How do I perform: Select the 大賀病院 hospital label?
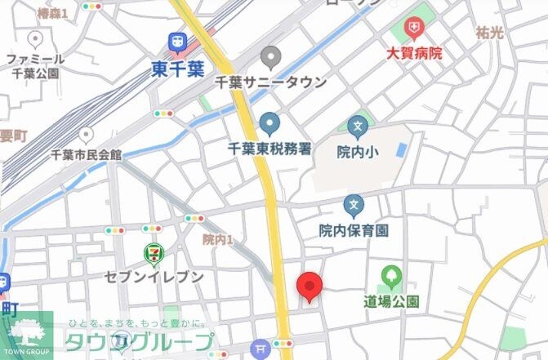click(x=414, y=53)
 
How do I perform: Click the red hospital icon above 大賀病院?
click(x=415, y=30)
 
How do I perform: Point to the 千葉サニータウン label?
click(x=270, y=82)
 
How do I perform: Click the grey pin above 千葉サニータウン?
click(x=270, y=58)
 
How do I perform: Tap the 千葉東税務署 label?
click(x=270, y=149)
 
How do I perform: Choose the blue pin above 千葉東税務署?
click(x=270, y=125)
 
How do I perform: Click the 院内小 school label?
click(x=355, y=151)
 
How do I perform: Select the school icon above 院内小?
click(x=357, y=127)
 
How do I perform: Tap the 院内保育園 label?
click(x=354, y=230)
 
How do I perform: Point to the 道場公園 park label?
click(x=391, y=301)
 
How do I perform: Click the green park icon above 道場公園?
click(x=391, y=276)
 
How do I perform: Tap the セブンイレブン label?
click(x=154, y=278)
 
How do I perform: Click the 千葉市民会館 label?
click(x=86, y=154)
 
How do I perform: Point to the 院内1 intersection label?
click(x=218, y=239)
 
